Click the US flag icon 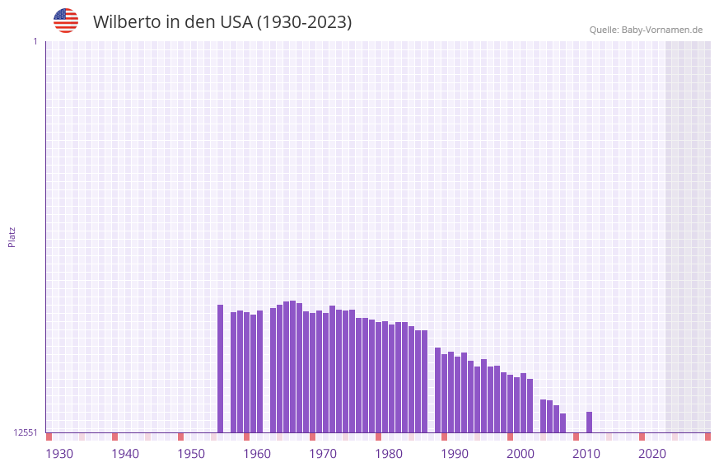click(x=66, y=21)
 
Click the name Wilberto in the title click(x=127, y=22)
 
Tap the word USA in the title click(x=236, y=22)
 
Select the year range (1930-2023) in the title click(x=305, y=22)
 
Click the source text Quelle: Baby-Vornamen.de click(x=646, y=30)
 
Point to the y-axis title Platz click(x=12, y=236)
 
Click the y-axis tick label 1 click(x=35, y=41)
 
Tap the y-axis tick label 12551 click(x=26, y=432)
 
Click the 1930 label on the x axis click(x=59, y=454)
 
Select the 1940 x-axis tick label click(x=125, y=454)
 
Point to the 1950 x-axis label click(x=191, y=454)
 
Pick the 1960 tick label click(x=257, y=454)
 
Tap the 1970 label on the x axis click(x=323, y=454)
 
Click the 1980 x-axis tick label click(x=389, y=454)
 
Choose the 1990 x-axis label click(x=455, y=454)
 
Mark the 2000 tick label click(x=521, y=454)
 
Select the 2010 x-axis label click(x=586, y=454)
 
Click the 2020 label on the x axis click(x=652, y=454)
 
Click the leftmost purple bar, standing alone click(x=220, y=368)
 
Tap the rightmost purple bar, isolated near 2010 click(x=589, y=422)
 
